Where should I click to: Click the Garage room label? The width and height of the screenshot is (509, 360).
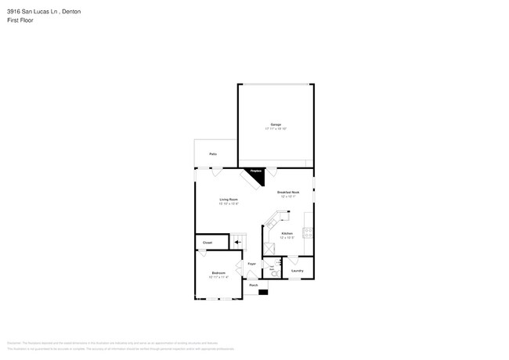pos(276,124)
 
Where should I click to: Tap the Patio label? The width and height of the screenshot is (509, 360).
pos(213,154)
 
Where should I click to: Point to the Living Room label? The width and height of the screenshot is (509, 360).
pos(229,200)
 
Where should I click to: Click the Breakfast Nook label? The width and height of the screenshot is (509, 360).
pos(289,193)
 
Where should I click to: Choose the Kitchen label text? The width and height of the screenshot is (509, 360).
pos(287,233)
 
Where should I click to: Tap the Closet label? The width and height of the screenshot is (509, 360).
pos(208,243)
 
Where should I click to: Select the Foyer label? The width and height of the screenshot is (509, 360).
pos(252,265)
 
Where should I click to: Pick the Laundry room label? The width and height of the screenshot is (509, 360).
pos(298,272)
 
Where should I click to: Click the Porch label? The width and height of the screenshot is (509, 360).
pos(254,286)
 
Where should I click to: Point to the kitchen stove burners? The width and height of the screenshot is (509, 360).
pos(310,232)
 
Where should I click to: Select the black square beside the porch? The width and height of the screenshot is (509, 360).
pos(263,292)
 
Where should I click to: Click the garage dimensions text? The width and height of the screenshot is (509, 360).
pos(276,128)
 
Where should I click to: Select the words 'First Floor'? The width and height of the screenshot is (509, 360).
pos(20,21)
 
